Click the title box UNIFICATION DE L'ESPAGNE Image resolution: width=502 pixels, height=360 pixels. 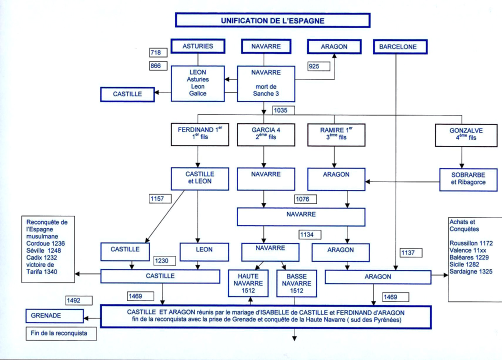tap(272, 20)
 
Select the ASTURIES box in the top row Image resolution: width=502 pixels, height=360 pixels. tap(197, 46)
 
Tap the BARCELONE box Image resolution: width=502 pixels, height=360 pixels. tap(397, 47)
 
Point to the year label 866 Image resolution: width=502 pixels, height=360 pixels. tap(158, 66)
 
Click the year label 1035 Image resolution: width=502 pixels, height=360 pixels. tap(283, 110)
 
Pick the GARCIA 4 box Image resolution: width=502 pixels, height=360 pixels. tap(266, 133)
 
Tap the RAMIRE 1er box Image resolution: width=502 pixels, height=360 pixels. tap(335, 133)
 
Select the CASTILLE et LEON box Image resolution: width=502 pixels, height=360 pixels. tap(199, 178)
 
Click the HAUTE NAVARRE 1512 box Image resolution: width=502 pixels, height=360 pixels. tap(248, 283)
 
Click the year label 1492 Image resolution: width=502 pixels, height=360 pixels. tap(79, 300)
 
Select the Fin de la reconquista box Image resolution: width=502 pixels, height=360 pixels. tap(60, 333)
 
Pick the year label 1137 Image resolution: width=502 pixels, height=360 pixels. tap(411, 253)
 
